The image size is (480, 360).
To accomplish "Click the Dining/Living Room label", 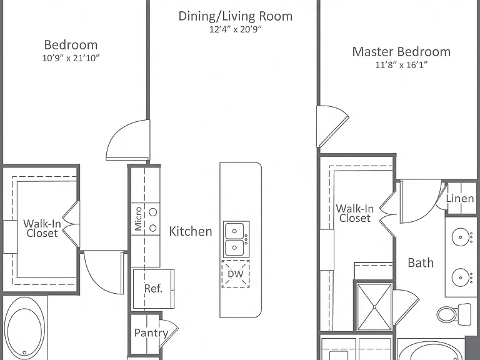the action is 236,16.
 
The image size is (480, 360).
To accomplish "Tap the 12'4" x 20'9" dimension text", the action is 236,29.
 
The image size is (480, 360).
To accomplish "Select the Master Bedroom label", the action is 401,51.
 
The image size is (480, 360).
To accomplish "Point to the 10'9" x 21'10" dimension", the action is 71,58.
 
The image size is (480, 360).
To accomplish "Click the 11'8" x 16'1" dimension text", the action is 401,65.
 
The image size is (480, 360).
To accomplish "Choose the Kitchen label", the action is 191,231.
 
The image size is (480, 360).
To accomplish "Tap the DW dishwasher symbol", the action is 236,274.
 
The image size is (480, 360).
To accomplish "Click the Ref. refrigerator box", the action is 153,289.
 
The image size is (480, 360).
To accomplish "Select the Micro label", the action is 138,219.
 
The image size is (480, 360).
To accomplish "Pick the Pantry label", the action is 151,333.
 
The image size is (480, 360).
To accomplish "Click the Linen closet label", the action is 460,198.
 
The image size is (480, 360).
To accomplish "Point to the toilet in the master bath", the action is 454,314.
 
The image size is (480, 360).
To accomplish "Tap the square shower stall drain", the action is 374,307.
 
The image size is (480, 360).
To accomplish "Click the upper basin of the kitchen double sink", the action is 234,231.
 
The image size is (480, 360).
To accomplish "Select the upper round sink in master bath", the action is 461,237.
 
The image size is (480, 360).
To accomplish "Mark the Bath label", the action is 421,263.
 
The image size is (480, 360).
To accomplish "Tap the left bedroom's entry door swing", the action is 127,140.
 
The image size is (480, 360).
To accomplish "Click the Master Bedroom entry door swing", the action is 332,126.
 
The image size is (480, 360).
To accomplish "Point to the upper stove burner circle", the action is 152,212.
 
